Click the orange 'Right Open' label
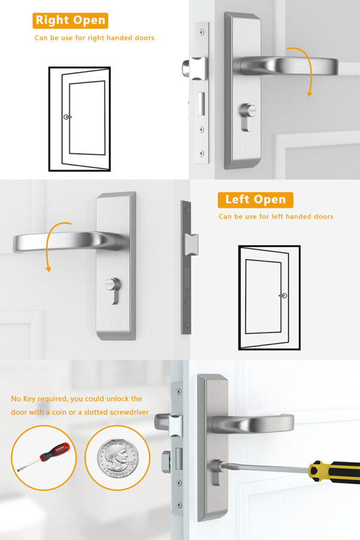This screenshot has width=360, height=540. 70,20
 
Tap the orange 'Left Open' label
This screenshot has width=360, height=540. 255,200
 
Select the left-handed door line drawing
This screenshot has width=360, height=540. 269,297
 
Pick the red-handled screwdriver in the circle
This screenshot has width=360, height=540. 44,458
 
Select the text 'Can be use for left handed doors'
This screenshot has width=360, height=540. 276,217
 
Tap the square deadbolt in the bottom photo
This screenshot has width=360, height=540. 165,462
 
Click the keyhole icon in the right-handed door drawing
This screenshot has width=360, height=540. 67,117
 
